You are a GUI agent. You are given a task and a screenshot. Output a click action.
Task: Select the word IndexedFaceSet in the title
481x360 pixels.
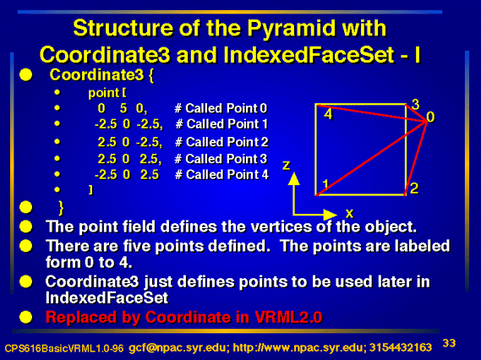309,55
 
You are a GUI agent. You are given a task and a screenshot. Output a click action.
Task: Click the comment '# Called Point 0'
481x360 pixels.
221,108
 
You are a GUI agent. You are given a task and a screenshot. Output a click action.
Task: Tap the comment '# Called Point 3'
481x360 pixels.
221,159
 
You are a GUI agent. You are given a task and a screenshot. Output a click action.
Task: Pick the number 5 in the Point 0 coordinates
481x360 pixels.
123,108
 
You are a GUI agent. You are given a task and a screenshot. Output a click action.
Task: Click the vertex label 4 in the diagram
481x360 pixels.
328,114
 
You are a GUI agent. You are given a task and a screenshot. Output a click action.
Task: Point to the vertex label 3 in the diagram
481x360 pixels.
415,105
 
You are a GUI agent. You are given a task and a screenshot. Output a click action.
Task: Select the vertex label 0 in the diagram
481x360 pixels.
430,117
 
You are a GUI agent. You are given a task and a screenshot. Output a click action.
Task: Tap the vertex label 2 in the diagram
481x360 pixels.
414,188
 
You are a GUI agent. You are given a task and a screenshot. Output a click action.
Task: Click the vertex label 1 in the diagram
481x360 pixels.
325,184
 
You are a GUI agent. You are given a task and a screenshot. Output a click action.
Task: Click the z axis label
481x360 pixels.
287,166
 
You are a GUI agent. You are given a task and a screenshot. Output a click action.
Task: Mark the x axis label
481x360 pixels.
349,213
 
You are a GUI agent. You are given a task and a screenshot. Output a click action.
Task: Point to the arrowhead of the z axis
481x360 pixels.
294,178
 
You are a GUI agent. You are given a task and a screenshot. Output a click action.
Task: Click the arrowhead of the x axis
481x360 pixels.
331,215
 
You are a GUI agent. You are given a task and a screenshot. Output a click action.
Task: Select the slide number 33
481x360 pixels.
449,343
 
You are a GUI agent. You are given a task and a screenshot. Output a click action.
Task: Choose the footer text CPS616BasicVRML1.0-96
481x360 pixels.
64,348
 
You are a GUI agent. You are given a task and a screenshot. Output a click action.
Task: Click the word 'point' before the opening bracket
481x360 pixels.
103,93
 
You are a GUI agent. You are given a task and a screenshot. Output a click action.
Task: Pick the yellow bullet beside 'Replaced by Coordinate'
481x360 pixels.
25,317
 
